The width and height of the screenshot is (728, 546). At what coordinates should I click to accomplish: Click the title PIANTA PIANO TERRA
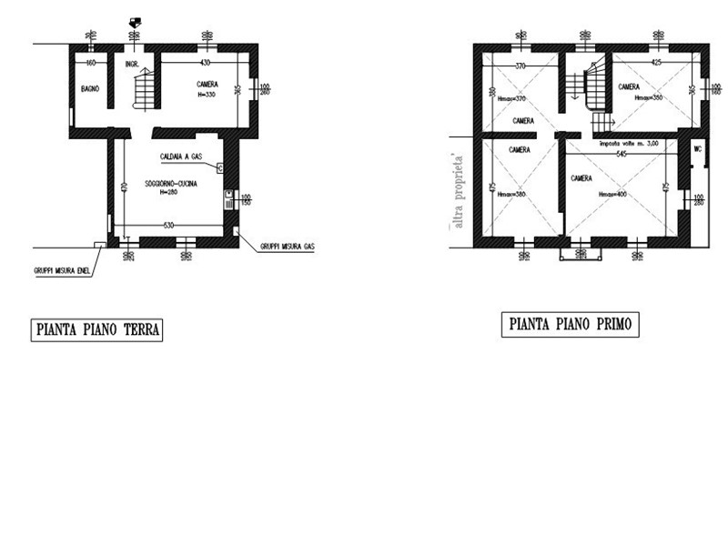[96, 329]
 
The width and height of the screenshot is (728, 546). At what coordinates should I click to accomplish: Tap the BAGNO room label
[89, 88]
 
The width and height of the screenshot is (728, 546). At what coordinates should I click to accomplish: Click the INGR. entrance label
[133, 64]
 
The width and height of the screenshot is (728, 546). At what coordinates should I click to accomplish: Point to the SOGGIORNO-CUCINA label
[170, 184]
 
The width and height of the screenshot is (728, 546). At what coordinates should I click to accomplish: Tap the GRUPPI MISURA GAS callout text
[287, 246]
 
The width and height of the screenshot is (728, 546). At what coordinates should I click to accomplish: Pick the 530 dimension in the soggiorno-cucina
[168, 225]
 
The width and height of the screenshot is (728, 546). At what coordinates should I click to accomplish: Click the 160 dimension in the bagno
[90, 63]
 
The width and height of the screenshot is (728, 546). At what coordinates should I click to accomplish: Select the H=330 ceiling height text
[207, 94]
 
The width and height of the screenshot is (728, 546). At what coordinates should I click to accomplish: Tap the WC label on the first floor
[697, 148]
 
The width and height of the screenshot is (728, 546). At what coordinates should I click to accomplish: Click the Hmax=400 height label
[614, 195]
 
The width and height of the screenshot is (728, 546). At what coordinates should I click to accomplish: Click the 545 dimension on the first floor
[622, 154]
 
